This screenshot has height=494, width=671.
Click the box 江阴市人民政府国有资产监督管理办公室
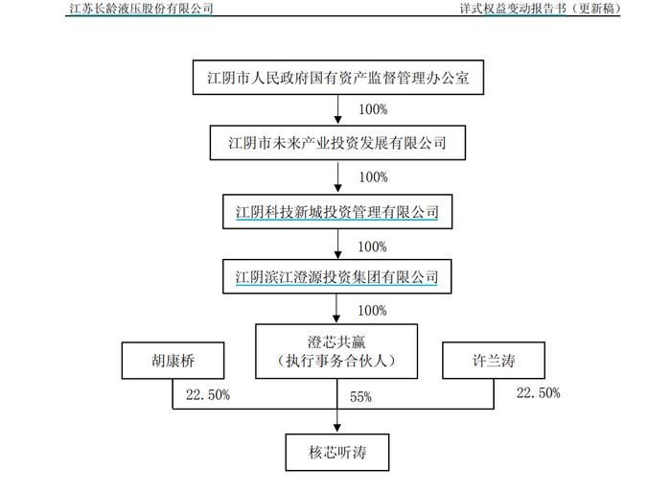(x=338, y=77)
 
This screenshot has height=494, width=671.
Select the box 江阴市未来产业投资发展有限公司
(x=337, y=143)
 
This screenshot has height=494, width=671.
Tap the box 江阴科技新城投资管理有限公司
(x=337, y=211)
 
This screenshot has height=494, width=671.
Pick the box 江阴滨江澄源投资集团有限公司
(x=336, y=277)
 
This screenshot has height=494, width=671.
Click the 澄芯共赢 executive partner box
(x=336, y=351)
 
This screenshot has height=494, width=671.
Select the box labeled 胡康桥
(x=173, y=361)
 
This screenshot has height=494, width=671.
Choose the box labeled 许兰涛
(x=494, y=361)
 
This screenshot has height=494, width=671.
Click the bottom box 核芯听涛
(x=337, y=453)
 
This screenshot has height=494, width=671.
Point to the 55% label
(x=360, y=397)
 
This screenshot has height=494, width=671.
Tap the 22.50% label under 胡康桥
(x=208, y=394)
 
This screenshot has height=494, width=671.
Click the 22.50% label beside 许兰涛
(x=539, y=393)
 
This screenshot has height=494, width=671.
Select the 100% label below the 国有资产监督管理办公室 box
(x=373, y=109)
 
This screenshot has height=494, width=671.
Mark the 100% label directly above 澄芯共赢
(x=372, y=311)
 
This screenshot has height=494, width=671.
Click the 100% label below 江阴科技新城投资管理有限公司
(x=372, y=247)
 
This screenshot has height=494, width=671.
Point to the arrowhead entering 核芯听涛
(x=337, y=429)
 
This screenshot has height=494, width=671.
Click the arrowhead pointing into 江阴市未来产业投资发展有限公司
(x=338, y=120)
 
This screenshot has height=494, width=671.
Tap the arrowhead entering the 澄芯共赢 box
(x=336, y=318)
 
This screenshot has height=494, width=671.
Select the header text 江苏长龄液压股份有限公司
(x=141, y=8)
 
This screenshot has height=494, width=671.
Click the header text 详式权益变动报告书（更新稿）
(x=540, y=8)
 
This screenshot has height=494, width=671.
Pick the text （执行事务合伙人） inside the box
(x=336, y=361)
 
